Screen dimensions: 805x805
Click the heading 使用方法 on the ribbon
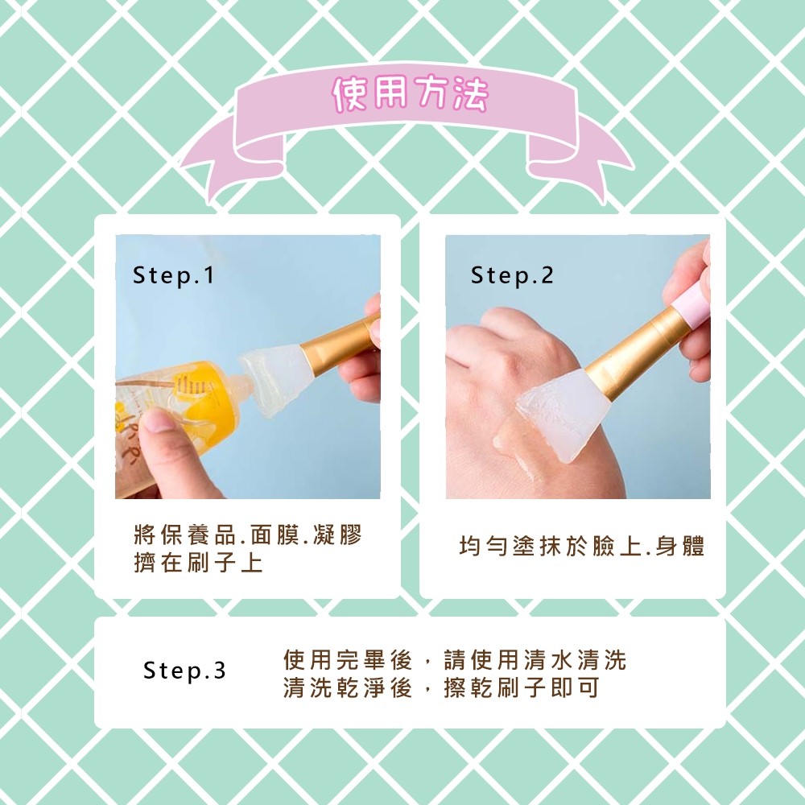pos(411,94)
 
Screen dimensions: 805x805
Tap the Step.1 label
pos(174,275)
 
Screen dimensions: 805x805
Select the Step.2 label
pos(512,275)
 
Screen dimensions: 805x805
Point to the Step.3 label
pos(184,671)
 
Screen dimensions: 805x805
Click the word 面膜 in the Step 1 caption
pos(275,535)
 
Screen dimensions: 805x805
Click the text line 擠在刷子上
pos(198,562)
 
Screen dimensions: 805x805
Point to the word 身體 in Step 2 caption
pos(679,546)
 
